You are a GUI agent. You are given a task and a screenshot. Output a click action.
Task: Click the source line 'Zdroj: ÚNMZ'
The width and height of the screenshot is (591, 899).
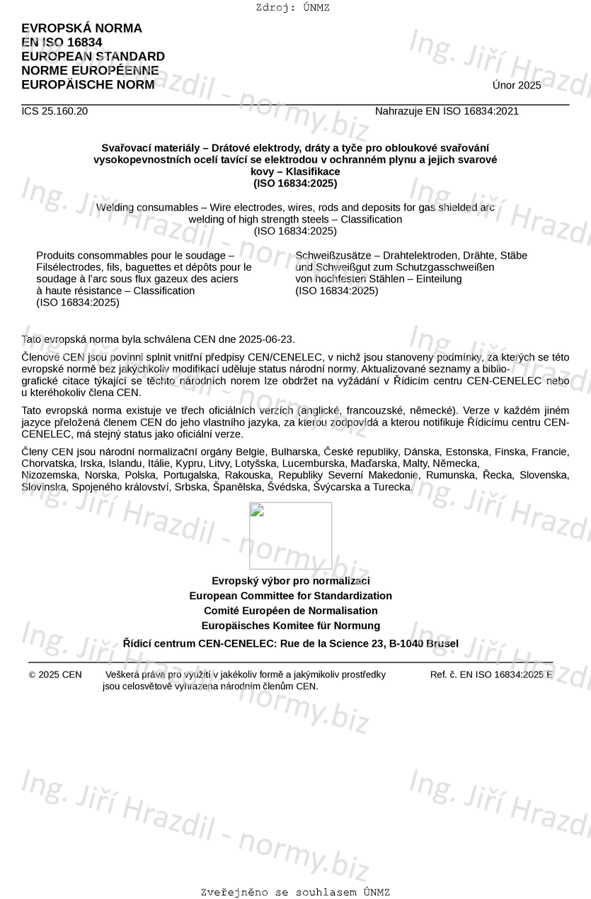[292, 8]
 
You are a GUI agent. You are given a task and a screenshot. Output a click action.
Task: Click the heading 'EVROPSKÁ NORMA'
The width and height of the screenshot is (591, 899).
[81, 28]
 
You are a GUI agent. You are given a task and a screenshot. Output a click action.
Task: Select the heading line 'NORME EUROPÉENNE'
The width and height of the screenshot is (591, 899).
[90, 71]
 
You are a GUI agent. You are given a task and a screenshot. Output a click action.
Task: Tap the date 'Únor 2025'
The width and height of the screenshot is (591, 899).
[517, 86]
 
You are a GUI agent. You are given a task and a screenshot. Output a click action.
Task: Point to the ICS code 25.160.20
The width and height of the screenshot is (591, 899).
[54, 111]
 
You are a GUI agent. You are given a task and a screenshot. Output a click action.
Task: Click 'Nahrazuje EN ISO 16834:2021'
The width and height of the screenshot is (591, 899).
[447, 111]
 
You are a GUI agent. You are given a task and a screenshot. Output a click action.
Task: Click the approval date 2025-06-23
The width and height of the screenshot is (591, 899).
[267, 339]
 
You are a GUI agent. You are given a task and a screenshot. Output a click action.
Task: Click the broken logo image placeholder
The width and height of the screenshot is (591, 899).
[290, 535]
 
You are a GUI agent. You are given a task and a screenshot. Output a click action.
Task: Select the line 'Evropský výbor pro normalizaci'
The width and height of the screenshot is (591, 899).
[290, 581]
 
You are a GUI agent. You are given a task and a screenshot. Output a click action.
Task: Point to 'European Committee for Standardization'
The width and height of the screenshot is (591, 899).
[290, 596]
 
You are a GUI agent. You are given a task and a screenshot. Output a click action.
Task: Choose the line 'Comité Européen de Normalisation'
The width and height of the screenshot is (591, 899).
[290, 611]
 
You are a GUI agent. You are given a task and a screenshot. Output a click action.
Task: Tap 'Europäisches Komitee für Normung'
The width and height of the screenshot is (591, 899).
[290, 626]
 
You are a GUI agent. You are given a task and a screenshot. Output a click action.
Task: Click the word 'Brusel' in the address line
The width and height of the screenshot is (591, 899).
[442, 644]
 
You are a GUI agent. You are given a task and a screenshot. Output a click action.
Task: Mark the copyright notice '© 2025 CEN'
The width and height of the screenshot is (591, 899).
[55, 675]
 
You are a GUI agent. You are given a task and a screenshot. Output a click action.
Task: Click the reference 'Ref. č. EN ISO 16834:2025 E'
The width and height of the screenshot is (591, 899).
[491, 675]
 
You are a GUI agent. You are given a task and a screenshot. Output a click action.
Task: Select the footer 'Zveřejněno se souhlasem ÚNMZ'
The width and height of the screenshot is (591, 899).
[295, 893]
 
